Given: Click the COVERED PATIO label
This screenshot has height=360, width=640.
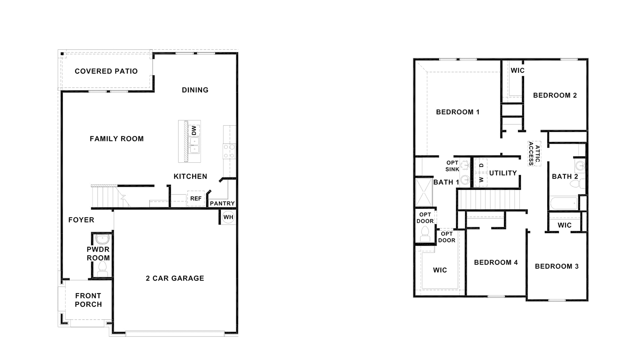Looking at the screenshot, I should pos(106,71).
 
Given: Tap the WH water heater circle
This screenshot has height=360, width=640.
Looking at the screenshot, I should pos(228,217).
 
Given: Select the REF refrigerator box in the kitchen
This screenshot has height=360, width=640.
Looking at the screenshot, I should pos(196,198).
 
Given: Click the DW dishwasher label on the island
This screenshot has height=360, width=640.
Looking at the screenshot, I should pos(194,130).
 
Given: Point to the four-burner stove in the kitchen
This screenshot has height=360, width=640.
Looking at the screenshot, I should pos(229,151).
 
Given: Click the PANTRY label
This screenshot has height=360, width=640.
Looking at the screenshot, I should pos(222,203).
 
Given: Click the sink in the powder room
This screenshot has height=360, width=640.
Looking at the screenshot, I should pos(102,239).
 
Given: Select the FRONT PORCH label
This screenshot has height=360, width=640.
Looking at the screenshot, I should pos(88,300).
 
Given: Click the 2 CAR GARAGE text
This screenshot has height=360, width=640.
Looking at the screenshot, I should pos(175,278).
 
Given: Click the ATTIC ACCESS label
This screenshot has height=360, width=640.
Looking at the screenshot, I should pos(534,154).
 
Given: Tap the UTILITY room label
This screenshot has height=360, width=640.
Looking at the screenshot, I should pos(503,173).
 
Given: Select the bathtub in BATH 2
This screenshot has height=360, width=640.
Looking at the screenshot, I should pos(563,203).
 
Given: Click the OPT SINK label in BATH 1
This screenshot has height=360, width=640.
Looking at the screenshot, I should pos(452,166).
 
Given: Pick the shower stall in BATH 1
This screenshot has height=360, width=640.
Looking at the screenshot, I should pos(424,192).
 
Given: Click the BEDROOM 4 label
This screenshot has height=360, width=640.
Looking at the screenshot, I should pos(496,262).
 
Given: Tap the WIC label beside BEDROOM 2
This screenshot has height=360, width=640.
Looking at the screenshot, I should pos(517,70).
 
